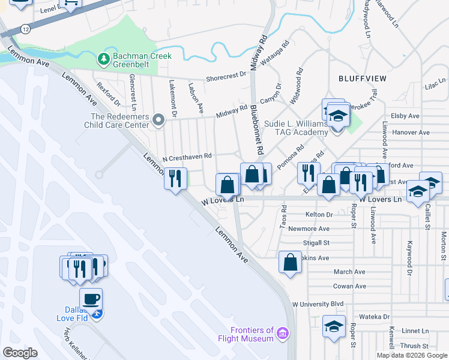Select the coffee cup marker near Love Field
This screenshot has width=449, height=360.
tap(91, 299)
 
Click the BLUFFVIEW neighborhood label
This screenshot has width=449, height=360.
tap(362, 79)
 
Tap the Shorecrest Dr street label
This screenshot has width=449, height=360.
tap(226, 76)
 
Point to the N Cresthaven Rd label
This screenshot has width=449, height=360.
tap(187, 156)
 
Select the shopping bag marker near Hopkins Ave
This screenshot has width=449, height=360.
tap(290, 262)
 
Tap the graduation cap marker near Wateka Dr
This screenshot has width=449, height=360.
tap(334, 327)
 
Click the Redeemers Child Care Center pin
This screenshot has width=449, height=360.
tap(159, 120)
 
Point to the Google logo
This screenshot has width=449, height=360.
tap(19, 353)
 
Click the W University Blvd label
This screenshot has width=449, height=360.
tap(318, 304)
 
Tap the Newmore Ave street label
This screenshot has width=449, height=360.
tap(309, 229)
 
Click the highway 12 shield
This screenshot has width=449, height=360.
tap(24, 28)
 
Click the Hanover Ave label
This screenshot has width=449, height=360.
tap(411, 132)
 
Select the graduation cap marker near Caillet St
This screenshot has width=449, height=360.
tap(417, 192)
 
